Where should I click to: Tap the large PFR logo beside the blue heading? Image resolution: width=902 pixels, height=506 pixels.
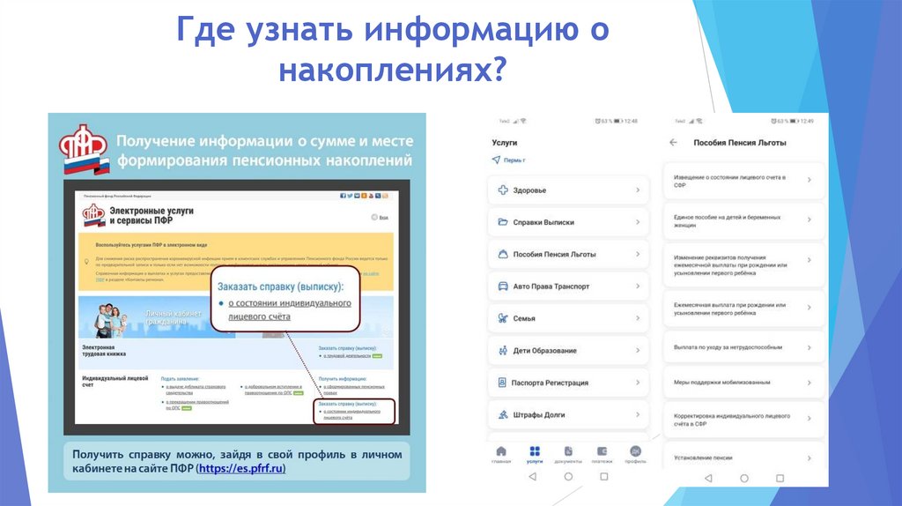point(84,150)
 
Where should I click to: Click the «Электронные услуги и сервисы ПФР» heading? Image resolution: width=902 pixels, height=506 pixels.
point(151,217)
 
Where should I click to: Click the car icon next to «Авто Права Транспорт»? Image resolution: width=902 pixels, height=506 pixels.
point(503,286)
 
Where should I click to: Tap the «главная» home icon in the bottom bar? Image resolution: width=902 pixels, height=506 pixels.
point(501,453)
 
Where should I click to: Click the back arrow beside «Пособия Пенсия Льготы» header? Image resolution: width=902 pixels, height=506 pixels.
point(674,142)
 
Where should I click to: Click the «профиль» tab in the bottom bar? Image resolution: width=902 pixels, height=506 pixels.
point(635,453)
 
